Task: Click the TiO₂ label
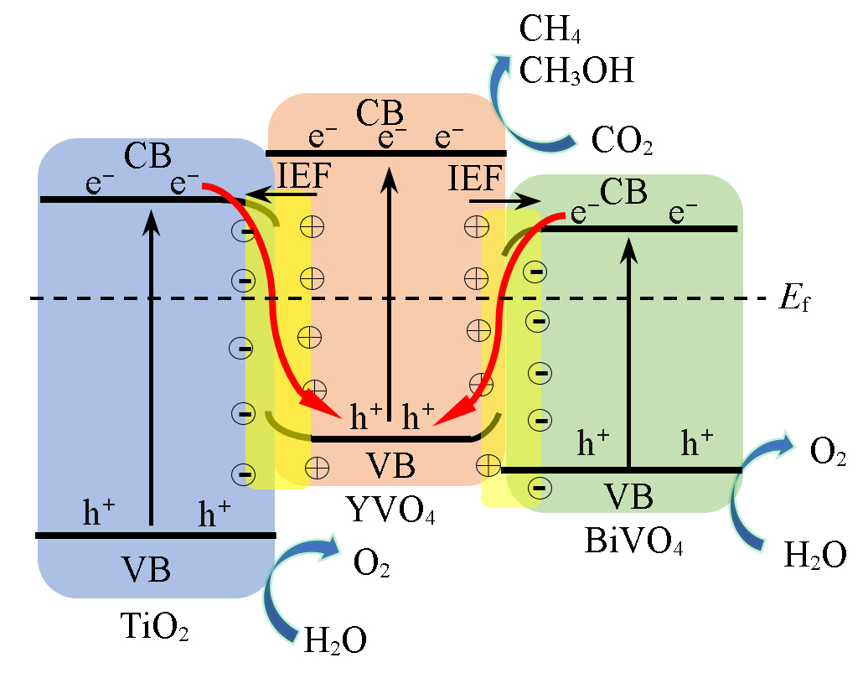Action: click(x=154, y=627)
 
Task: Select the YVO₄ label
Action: click(x=390, y=509)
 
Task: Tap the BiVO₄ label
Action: click(x=633, y=541)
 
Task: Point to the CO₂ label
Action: click(x=621, y=140)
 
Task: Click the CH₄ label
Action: click(x=550, y=29)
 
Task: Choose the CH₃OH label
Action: click(x=576, y=70)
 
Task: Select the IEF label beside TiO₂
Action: click(x=303, y=177)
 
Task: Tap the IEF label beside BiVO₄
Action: click(x=474, y=179)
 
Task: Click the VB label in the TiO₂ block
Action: click(x=146, y=569)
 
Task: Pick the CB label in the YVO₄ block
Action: click(x=380, y=113)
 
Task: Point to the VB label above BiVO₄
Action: click(x=628, y=496)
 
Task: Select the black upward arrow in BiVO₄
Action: click(x=628, y=352)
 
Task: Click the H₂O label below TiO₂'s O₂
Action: click(x=334, y=640)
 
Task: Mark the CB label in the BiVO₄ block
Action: click(x=623, y=192)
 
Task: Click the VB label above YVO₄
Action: click(x=390, y=465)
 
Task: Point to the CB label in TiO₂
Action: click(x=147, y=156)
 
